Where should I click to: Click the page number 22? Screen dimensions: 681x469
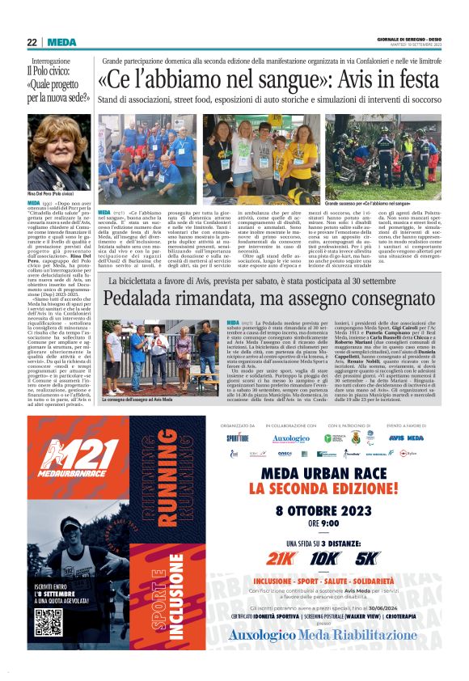[x=32, y=42]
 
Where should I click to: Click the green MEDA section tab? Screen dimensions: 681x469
[x=61, y=42]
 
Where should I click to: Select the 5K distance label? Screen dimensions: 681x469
[x=366, y=557]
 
